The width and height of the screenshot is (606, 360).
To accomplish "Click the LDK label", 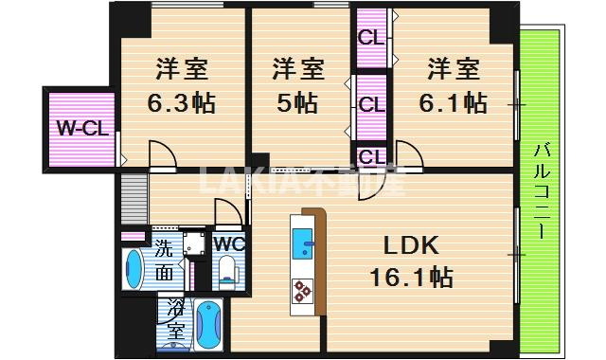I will [411, 246].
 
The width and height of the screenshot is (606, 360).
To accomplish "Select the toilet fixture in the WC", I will [227, 273].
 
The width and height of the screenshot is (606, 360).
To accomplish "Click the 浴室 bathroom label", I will [175, 320].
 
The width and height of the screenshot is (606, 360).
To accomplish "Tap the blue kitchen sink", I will [305, 244].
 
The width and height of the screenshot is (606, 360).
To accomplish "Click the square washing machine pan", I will [194, 243].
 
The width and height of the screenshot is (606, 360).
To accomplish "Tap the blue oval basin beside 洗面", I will [134, 268].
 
